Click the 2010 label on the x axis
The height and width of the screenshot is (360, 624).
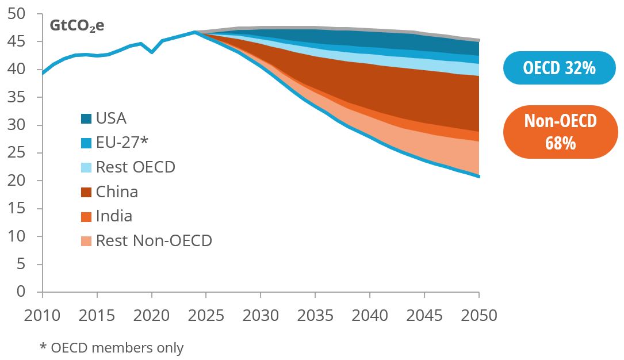tap(43, 315)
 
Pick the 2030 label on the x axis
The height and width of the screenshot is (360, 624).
tap(261, 315)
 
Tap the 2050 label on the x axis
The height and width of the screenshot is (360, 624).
tap(478, 315)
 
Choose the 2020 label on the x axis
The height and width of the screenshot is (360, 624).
tap(152, 315)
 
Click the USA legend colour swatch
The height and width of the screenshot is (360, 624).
tap(86, 119)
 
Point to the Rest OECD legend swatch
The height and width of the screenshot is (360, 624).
tap(86, 167)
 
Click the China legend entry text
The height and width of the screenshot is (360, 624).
tap(117, 192)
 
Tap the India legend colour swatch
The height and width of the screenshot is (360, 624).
tap(86, 217)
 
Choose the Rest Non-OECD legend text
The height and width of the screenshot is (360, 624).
tap(154, 240)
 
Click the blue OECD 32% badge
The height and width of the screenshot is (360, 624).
tap(559, 68)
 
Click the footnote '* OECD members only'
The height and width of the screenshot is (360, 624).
tap(112, 347)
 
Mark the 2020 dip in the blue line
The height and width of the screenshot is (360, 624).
tap(152, 52)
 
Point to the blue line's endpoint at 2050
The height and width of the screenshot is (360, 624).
tap(478, 176)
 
